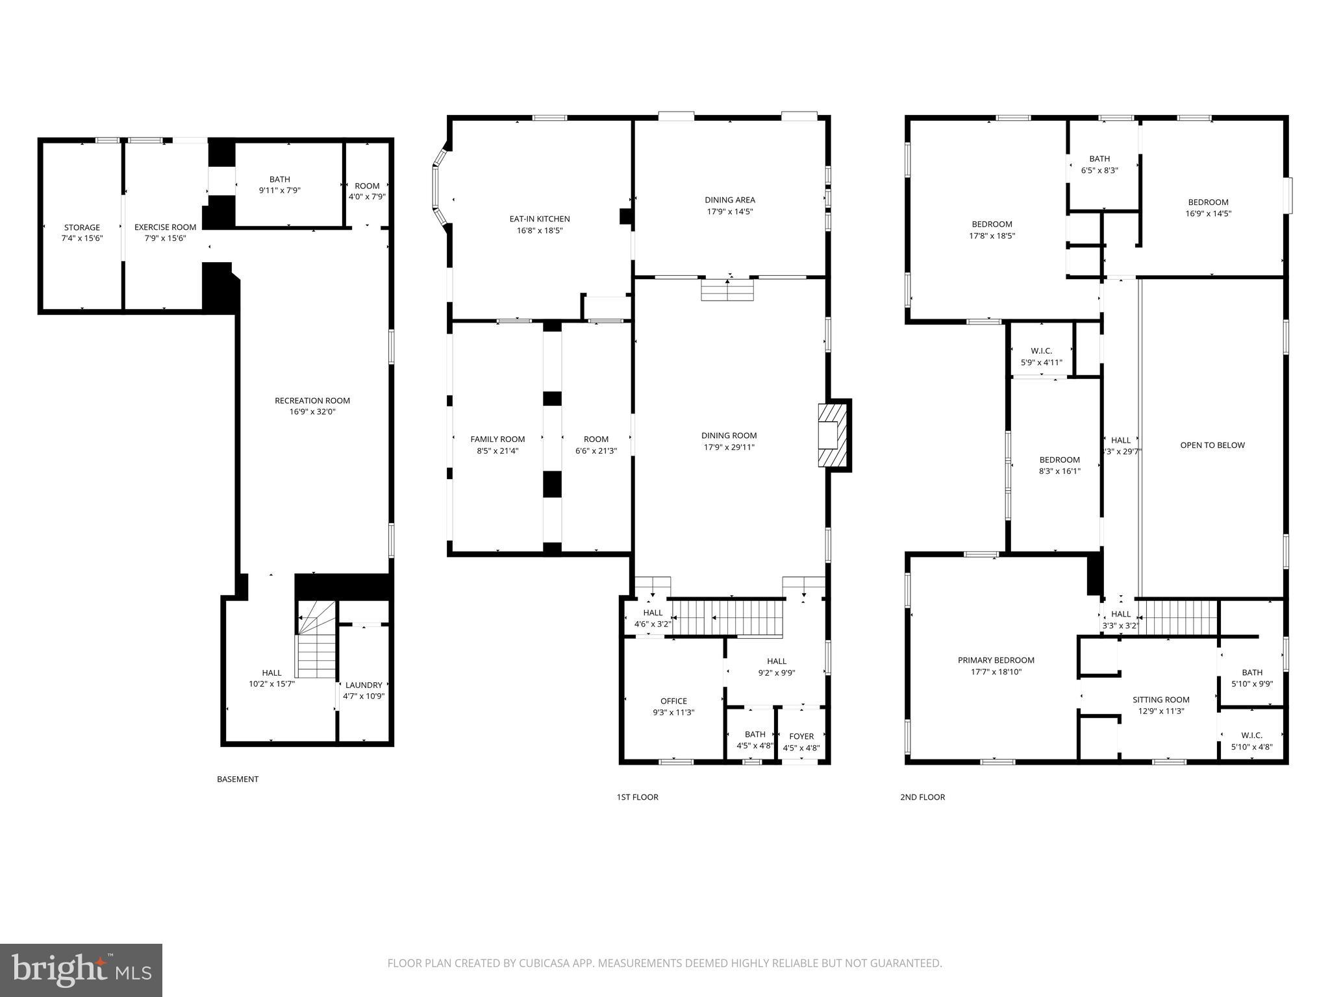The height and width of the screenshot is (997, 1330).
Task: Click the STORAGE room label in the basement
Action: pos(82,227)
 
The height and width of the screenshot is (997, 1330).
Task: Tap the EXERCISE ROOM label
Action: pos(165,227)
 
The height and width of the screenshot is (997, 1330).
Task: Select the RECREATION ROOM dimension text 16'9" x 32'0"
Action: pos(312,412)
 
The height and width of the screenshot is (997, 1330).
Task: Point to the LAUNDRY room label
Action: pos(364,685)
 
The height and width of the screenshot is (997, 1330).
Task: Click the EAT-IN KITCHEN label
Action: pos(540,219)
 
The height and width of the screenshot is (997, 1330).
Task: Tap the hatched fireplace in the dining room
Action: pos(832,435)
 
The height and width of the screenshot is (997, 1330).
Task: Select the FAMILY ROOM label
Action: pos(497,439)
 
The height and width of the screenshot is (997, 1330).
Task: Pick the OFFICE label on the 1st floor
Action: pos(673,701)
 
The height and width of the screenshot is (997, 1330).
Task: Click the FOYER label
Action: pos(801,736)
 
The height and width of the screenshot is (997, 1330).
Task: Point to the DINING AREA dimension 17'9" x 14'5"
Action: pos(729,212)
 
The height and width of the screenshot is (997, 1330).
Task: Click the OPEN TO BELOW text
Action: pos(1212,445)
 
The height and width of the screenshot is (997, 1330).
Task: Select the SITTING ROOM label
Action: pos(1161,700)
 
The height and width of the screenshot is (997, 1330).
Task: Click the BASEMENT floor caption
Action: pos(238,779)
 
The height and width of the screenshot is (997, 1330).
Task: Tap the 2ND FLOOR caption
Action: pos(922,797)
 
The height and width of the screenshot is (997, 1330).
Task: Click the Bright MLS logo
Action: pos(81,970)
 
